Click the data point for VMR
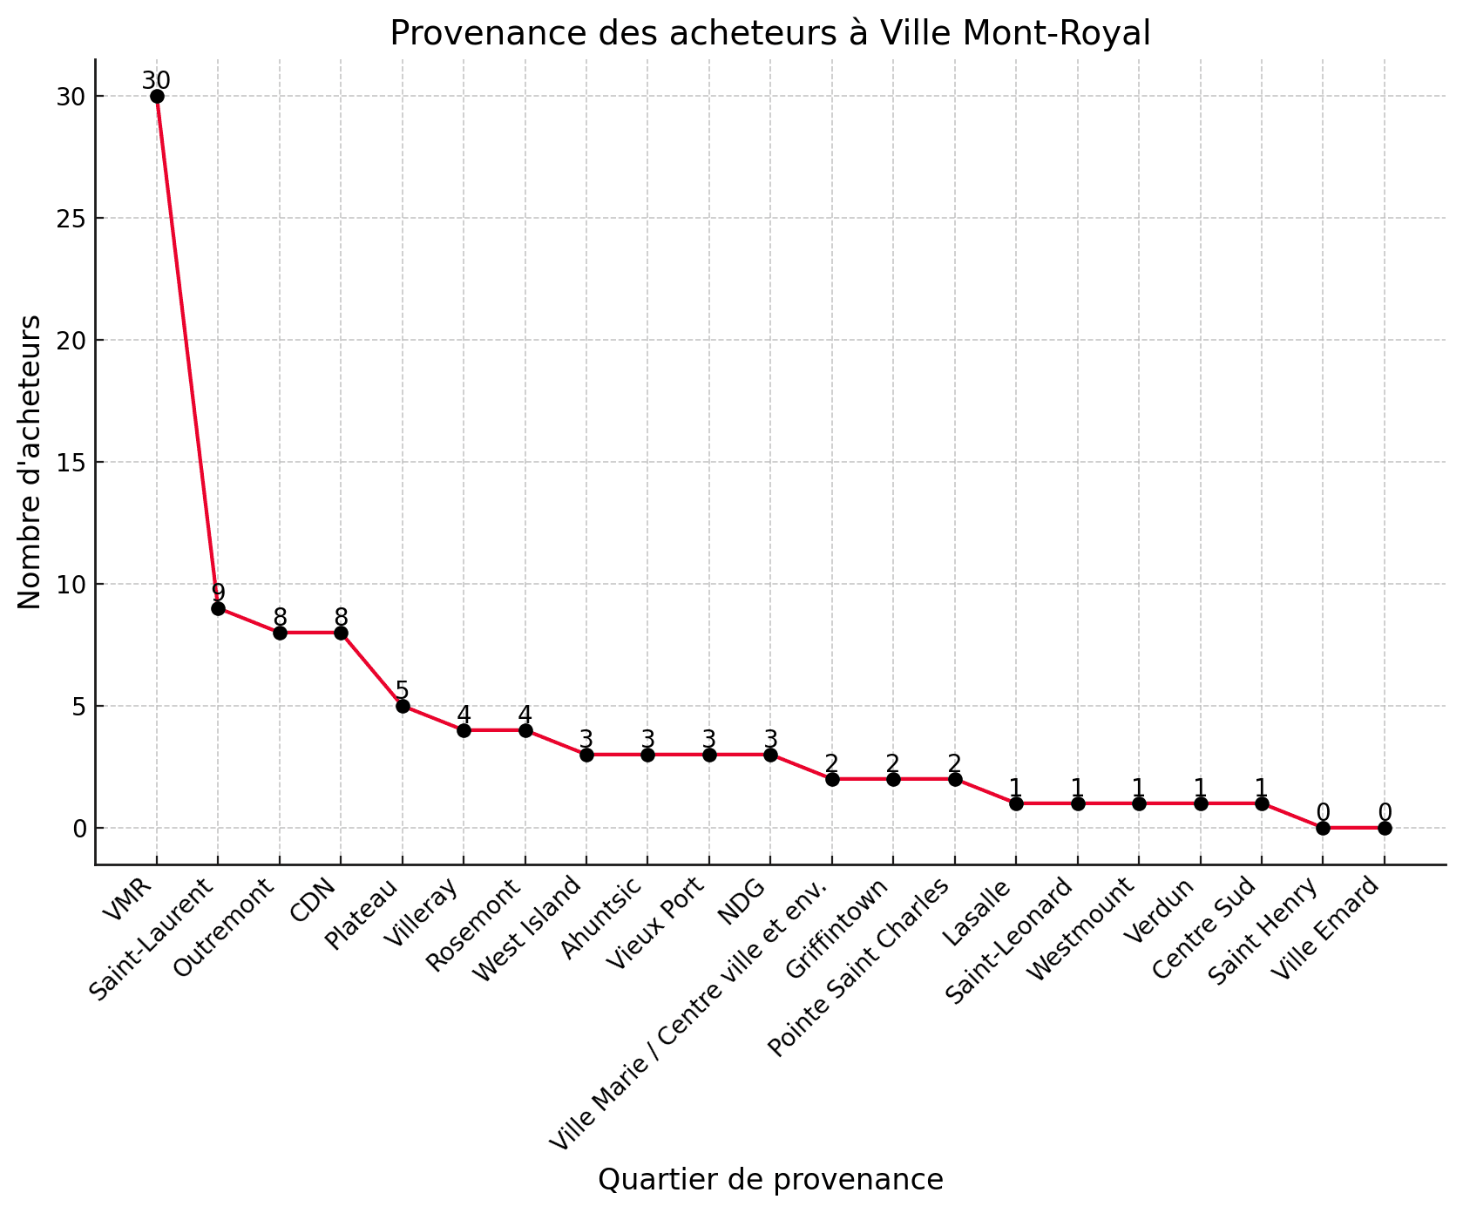(x=157, y=96)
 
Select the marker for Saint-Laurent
(x=218, y=608)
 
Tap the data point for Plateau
(x=403, y=706)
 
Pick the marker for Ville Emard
(x=1385, y=828)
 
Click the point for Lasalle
(x=1016, y=803)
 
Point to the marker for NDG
(x=770, y=755)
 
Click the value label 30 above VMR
(x=157, y=80)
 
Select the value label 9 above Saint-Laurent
(x=218, y=593)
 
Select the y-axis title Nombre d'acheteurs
(x=30, y=462)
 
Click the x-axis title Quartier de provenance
(x=770, y=1180)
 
